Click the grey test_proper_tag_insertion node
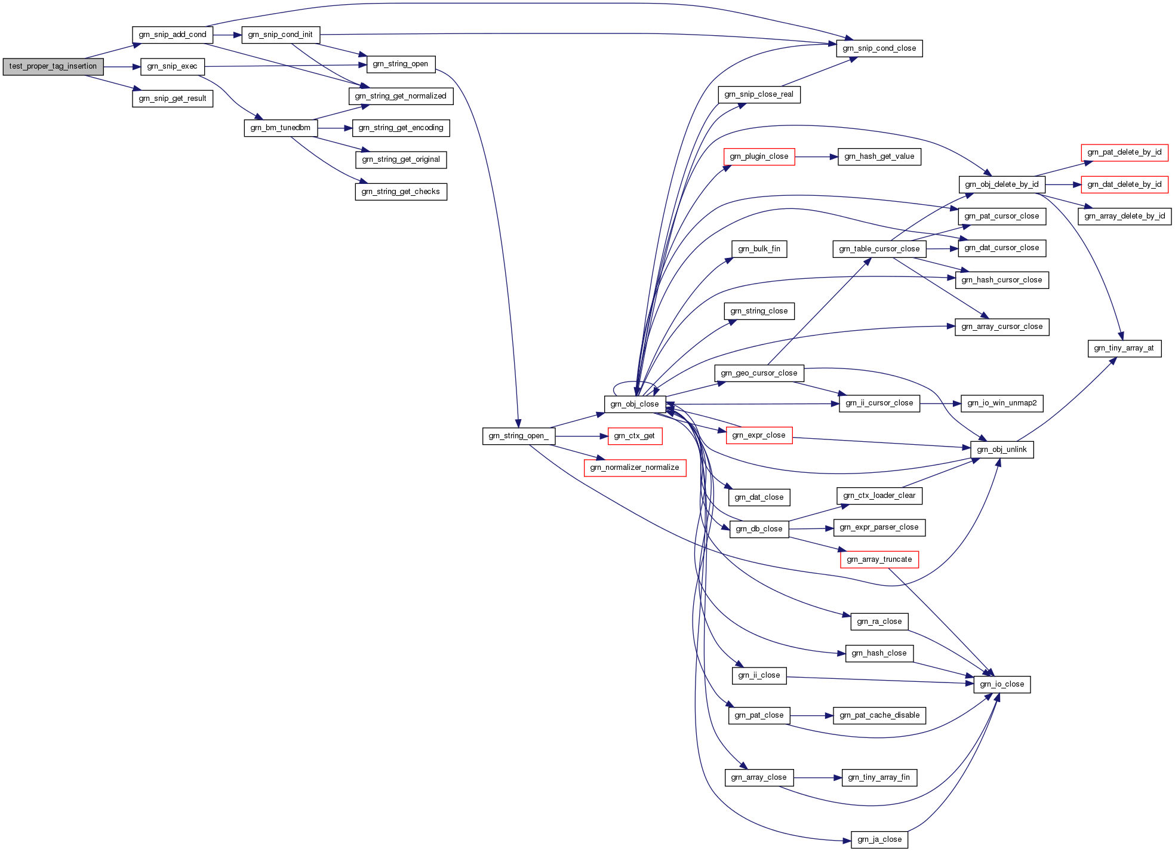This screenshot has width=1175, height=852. pyautogui.click(x=53, y=66)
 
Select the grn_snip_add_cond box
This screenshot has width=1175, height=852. pyautogui.click(x=173, y=35)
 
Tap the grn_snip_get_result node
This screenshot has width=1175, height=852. pyautogui.click(x=173, y=99)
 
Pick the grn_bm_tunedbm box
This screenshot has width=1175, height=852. pyautogui.click(x=281, y=128)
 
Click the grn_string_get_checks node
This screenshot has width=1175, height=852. pyautogui.click(x=401, y=192)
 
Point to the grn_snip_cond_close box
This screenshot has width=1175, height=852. pyautogui.click(x=879, y=48)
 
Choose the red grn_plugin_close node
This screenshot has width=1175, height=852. pyautogui.click(x=759, y=156)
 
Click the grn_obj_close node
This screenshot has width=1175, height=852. pyautogui.click(x=635, y=404)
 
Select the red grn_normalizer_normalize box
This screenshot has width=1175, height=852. pyautogui.click(x=635, y=467)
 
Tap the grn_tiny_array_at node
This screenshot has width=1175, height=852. pyautogui.click(x=1124, y=348)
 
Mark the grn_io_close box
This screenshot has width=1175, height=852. pyautogui.click(x=1002, y=684)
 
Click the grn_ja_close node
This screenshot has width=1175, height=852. pyautogui.click(x=879, y=839)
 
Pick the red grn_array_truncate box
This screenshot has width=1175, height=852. pyautogui.click(x=879, y=559)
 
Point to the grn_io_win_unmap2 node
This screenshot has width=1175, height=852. pyautogui.click(x=1002, y=403)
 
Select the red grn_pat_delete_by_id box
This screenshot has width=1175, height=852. pyautogui.click(x=1124, y=152)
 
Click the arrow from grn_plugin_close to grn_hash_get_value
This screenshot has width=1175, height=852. pyautogui.click(x=816, y=157)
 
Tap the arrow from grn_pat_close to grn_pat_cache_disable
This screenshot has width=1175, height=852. pyautogui.click(x=811, y=716)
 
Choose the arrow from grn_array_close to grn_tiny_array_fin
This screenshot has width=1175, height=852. pyautogui.click(x=817, y=778)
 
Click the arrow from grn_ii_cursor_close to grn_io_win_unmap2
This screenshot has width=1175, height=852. pyautogui.click(x=940, y=404)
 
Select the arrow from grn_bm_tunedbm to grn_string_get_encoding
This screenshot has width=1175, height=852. pyautogui.click(x=335, y=128)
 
